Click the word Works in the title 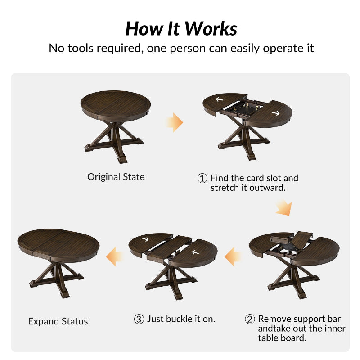(211, 29)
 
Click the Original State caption (116, 177)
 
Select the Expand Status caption (58, 321)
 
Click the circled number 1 (202, 178)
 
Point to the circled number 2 (250, 319)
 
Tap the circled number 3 (139, 319)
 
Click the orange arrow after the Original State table (175, 122)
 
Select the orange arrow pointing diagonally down (284, 207)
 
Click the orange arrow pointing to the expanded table (114, 256)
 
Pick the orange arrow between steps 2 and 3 (233, 256)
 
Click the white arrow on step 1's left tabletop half (220, 99)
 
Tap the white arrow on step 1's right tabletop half (276, 113)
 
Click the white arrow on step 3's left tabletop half (145, 239)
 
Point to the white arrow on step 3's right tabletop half (195, 252)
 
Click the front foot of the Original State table (122, 159)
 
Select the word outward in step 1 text (267, 188)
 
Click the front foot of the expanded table (65, 295)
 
